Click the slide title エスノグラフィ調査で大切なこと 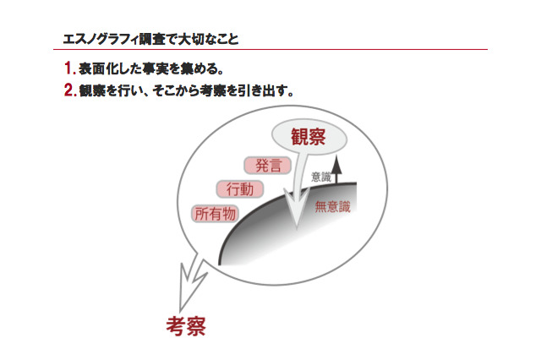click(151, 39)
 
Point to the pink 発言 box click(268, 166)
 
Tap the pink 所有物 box click(216, 214)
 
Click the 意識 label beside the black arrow click(321, 177)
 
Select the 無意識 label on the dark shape click(332, 205)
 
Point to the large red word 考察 click(186, 325)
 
